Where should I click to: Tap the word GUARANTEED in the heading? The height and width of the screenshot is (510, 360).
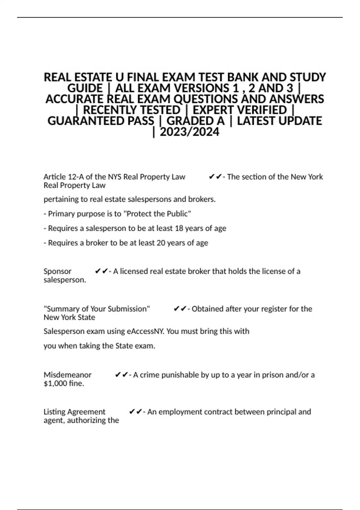click(x=100, y=121)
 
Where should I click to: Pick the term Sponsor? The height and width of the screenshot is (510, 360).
click(x=57, y=271)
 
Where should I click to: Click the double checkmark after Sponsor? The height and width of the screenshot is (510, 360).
click(x=101, y=271)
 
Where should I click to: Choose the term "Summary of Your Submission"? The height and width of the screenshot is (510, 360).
click(x=97, y=309)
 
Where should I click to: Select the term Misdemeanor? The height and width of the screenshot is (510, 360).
click(x=67, y=375)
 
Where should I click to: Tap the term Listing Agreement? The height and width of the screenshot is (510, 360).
click(x=74, y=412)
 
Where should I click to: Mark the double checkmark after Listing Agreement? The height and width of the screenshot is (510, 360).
click(x=135, y=412)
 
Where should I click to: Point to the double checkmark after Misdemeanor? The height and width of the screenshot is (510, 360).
click(x=121, y=375)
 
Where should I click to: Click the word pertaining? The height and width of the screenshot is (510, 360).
click(x=59, y=199)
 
